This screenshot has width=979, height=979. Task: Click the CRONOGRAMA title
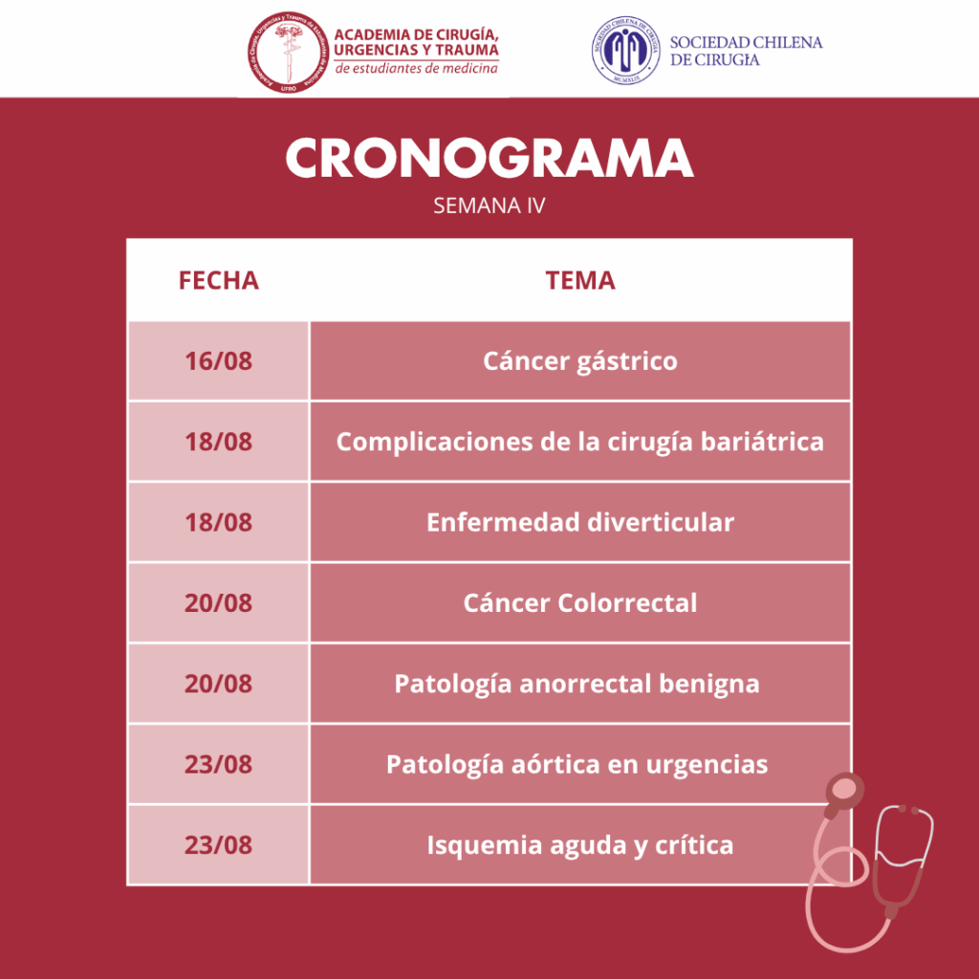click(x=489, y=159)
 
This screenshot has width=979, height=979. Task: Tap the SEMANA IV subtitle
click(x=489, y=206)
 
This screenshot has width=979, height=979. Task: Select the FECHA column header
click(x=219, y=280)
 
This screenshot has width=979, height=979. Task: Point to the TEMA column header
click(x=580, y=280)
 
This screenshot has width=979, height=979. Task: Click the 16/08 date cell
click(x=219, y=360)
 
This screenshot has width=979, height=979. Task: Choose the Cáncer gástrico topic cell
click(x=580, y=360)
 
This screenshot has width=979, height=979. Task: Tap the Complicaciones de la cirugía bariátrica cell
click(x=580, y=442)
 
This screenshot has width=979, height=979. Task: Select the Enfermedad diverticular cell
click(x=580, y=522)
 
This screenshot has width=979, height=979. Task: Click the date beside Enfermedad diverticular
click(x=219, y=522)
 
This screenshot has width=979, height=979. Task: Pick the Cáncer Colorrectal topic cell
click(x=580, y=602)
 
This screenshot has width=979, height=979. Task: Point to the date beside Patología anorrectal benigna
click(x=219, y=683)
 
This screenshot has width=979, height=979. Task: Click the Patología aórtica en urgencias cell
click(x=580, y=764)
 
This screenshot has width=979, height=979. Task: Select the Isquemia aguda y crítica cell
click(x=580, y=844)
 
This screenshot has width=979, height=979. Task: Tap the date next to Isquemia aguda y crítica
click(x=219, y=844)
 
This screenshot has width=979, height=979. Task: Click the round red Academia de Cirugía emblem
click(x=289, y=53)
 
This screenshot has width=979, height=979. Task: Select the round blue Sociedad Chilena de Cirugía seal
click(x=626, y=51)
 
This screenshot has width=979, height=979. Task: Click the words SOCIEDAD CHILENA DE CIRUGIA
click(x=746, y=52)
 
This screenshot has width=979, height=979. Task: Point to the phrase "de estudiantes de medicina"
click(x=417, y=68)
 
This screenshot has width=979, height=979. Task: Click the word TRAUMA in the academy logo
click(x=467, y=50)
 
